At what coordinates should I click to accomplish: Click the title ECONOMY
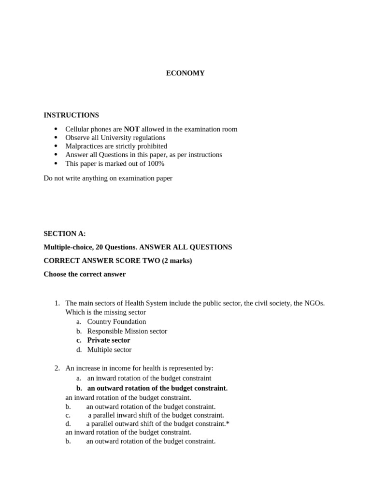click(185, 73)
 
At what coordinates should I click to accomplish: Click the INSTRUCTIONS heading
click(71, 115)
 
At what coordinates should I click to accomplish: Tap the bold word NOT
click(131, 129)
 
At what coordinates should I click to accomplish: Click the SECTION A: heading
click(64, 233)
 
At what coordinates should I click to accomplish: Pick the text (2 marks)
click(177, 261)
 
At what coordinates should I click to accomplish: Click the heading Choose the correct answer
click(85, 274)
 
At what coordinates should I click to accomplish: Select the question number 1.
click(57, 303)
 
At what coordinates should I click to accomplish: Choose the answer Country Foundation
click(116, 321)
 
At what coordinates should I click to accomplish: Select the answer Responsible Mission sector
click(127, 331)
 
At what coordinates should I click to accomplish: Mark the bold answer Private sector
click(109, 340)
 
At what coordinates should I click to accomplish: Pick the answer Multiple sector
click(109, 349)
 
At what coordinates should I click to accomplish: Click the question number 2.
click(57, 368)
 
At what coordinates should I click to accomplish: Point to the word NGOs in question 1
click(314, 303)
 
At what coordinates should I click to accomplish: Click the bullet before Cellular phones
click(56, 129)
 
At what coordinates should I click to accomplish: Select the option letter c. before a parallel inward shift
click(68, 415)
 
